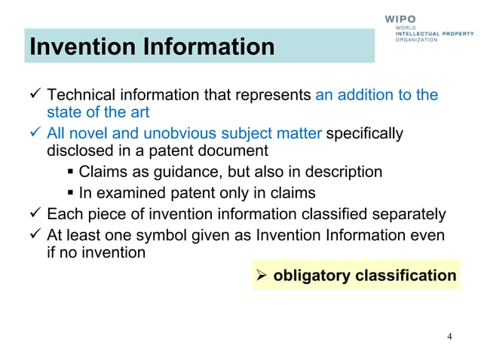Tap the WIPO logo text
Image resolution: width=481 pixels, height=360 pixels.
(x=410, y=17)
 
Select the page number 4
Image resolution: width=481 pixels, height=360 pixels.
(x=449, y=336)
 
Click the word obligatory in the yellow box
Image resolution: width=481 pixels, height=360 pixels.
(x=312, y=276)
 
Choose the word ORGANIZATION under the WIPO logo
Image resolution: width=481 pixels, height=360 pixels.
(x=416, y=40)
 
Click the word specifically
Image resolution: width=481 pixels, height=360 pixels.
(x=365, y=134)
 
